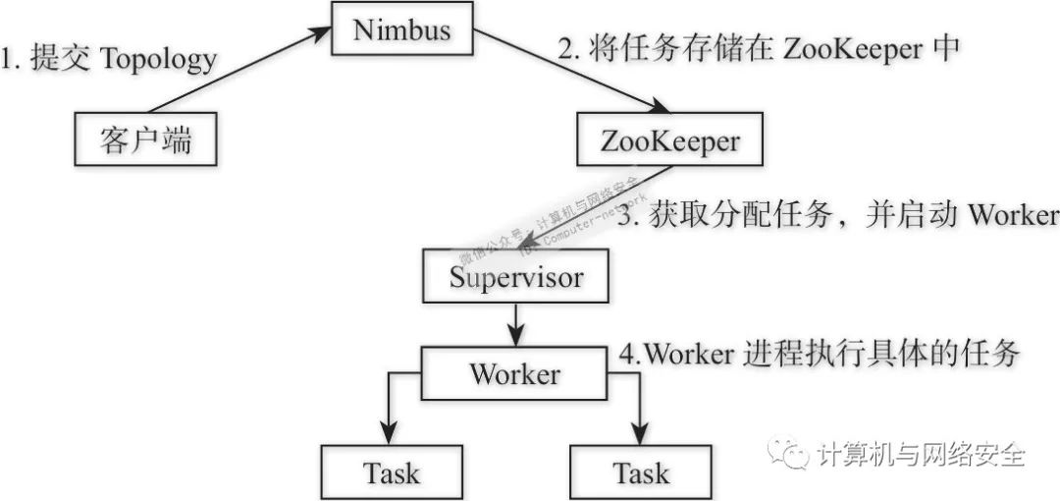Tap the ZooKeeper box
[670, 142]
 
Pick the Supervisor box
[516, 277]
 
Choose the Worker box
[514, 374]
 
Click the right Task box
[642, 473]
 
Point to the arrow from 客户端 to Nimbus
[236, 72]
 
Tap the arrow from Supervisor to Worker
[514, 325]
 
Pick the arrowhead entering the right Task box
[642, 435]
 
